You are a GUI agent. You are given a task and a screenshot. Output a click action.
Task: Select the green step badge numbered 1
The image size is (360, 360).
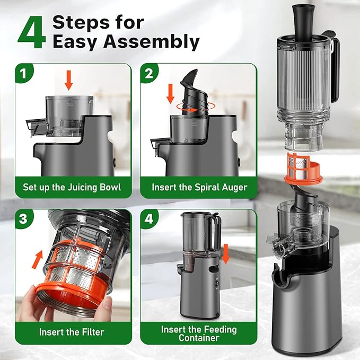pos(24,73)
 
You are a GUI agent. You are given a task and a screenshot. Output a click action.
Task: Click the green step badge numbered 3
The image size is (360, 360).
pos(24,218)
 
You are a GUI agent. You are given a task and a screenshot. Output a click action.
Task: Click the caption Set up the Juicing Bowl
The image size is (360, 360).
pos(72,187)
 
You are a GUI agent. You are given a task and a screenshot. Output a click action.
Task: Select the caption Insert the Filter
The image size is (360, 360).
pos(72,332)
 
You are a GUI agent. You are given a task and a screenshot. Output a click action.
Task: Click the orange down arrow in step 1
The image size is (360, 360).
pos(68,81)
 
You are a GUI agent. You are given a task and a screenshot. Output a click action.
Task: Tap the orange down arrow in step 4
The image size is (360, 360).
pos(225,254)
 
